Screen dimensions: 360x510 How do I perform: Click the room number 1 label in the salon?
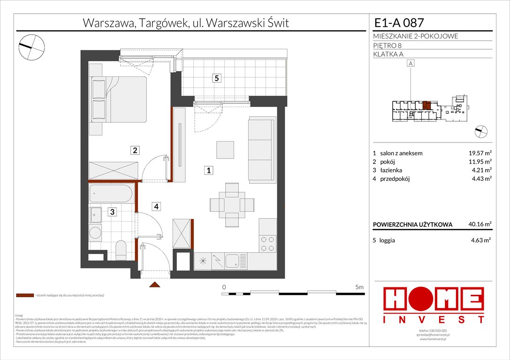coord(209,170)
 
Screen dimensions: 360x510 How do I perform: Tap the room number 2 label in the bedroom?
coord(135,150)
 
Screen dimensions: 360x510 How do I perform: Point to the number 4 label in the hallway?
coord(155,205)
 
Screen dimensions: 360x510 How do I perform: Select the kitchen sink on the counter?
coord(232,259)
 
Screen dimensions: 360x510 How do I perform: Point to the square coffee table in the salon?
coord(225,150)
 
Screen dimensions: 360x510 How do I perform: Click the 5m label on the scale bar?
coord(359,286)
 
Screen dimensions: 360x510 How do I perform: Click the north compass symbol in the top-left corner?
coord(31,45)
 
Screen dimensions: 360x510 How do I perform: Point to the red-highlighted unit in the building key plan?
coord(426,105)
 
